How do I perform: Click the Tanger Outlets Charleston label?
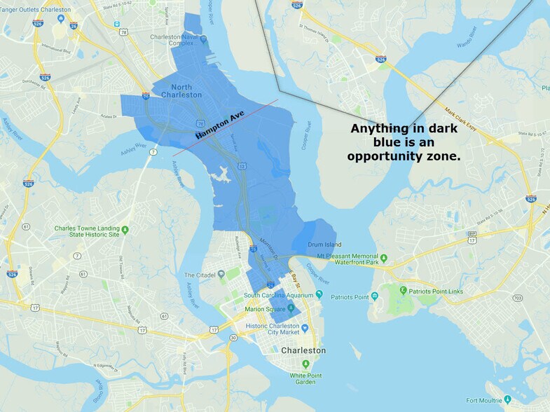pos(36,11)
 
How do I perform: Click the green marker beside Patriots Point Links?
pos(403,289)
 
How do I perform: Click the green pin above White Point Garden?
pos(305,364)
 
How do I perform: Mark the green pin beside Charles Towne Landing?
pos(125,230)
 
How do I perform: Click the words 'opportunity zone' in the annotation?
pos(404,156)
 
